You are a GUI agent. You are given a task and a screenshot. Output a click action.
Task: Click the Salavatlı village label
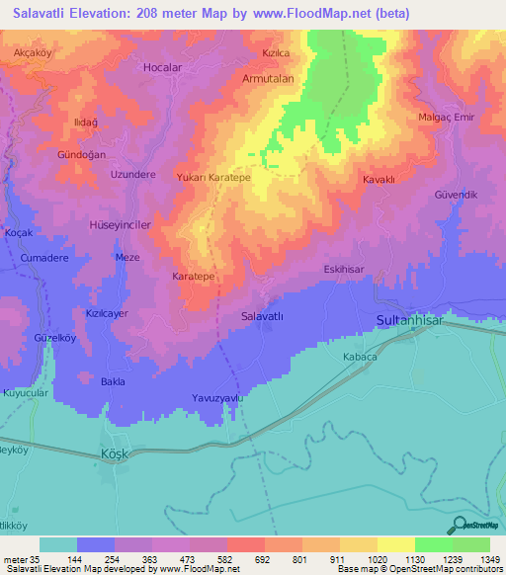click(x=263, y=316)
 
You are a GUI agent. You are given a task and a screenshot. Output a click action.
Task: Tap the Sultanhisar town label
click(x=414, y=321)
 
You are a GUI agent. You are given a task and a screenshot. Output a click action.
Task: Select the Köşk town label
click(x=116, y=452)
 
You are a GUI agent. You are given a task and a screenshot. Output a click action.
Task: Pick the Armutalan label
click(x=270, y=77)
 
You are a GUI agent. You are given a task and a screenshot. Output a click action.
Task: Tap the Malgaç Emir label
click(x=448, y=116)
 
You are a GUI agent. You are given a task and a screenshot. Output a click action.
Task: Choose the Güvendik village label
click(x=456, y=195)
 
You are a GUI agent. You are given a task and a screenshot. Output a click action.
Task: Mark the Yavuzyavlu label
click(x=216, y=398)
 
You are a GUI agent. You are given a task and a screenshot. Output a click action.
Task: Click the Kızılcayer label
click(x=108, y=312)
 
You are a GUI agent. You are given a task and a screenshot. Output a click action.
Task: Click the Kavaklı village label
click(x=379, y=180)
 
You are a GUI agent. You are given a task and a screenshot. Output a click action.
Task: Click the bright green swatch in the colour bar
click(x=434, y=544)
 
